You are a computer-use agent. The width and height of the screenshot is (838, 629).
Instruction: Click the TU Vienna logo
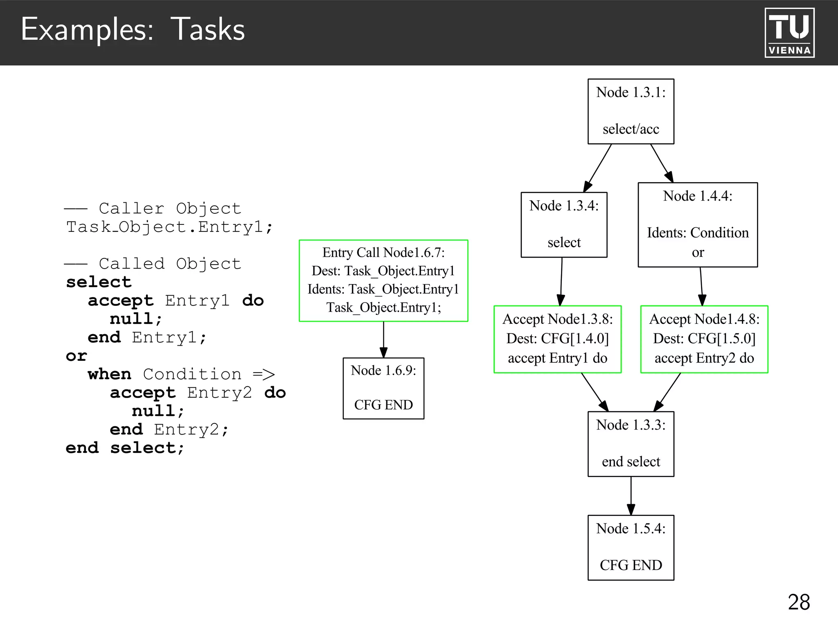[x=789, y=33]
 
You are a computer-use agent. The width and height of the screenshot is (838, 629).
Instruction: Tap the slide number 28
[x=799, y=602]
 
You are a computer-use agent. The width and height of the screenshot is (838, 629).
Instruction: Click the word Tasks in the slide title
[x=207, y=29]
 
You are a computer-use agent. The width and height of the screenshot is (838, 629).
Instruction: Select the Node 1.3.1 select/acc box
[x=631, y=111]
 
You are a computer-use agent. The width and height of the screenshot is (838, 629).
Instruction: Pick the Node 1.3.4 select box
[x=564, y=225]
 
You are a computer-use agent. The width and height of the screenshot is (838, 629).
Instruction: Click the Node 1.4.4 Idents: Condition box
[x=698, y=225]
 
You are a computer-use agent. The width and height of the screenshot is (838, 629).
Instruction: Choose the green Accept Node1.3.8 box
[x=557, y=339]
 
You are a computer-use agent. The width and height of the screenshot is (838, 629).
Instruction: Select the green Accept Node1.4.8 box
[x=704, y=339]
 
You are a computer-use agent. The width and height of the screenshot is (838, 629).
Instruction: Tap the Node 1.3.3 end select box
[x=631, y=444]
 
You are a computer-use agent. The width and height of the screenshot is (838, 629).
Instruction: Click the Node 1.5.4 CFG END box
[x=631, y=548]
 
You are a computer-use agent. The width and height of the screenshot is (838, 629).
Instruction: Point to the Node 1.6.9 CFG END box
[x=383, y=388]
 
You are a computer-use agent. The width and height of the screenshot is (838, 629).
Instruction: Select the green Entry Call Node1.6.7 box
[x=383, y=281]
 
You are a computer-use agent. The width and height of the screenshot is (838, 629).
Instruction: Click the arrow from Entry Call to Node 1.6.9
[x=383, y=339]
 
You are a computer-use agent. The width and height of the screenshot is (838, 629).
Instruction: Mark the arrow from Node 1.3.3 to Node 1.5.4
[x=631, y=496]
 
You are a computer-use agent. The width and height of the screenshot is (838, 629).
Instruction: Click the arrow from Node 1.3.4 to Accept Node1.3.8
[x=561, y=281]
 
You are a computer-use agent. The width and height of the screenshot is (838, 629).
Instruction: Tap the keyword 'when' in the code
[x=109, y=374]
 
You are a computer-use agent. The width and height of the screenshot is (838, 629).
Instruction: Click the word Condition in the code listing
[x=192, y=374]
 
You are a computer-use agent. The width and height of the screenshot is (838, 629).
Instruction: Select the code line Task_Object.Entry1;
[x=169, y=227]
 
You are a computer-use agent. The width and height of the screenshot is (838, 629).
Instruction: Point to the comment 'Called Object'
[x=169, y=264]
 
